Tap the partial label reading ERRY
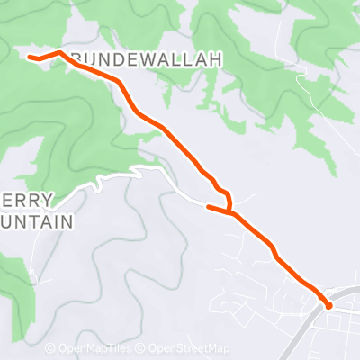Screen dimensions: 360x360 27,200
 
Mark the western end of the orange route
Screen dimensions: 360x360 31,58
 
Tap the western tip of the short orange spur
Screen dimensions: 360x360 209,207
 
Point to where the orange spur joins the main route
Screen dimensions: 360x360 232,214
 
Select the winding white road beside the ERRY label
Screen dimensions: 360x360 99,184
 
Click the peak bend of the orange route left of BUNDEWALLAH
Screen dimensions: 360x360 59,52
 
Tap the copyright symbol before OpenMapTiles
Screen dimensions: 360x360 52,349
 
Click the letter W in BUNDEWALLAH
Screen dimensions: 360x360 147,60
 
